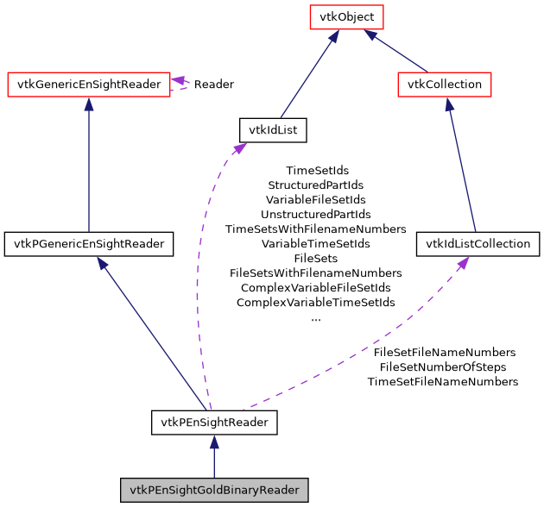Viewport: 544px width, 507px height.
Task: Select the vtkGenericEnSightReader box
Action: point(88,84)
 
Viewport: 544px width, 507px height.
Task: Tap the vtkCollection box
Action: point(445,84)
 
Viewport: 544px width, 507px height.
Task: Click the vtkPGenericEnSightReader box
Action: point(89,244)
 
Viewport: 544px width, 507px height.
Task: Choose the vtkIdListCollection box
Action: point(478,244)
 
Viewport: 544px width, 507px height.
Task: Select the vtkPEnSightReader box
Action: point(214,422)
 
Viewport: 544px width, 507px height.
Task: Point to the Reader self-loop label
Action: point(213,84)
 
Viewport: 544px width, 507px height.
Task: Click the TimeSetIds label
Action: point(316,171)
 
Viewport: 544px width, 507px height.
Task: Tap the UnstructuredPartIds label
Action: point(316,214)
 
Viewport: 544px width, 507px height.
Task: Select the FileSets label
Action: point(316,258)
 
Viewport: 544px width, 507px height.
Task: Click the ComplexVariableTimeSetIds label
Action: point(316,302)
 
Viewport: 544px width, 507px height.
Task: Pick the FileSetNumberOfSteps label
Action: point(443,366)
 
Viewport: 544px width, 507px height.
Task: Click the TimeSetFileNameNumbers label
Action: point(443,381)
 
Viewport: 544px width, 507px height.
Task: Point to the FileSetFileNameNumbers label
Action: point(444,352)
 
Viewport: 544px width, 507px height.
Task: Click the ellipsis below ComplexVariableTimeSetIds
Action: point(316,317)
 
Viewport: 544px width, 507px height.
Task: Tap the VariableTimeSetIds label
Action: point(316,243)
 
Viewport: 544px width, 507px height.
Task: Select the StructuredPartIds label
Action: point(316,185)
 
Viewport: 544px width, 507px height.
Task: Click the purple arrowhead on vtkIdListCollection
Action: point(463,262)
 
